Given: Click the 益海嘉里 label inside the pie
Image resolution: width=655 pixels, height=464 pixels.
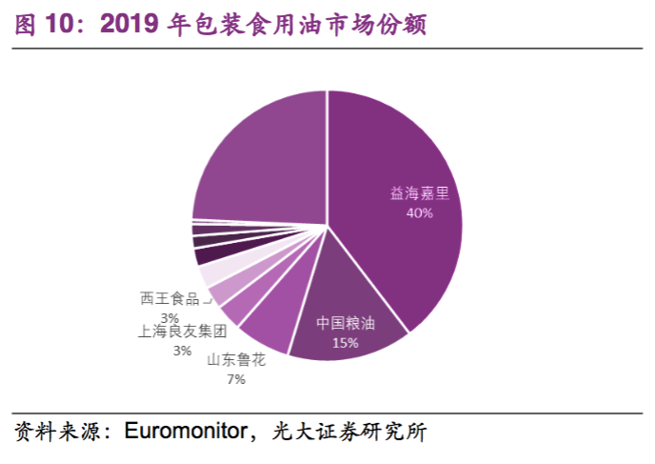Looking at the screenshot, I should coord(419,193).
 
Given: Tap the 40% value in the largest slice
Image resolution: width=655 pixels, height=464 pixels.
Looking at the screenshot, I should coord(419,213).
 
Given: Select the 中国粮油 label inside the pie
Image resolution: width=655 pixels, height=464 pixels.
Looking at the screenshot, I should coord(346,323).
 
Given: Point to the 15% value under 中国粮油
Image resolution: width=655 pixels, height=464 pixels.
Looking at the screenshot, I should coord(345,342).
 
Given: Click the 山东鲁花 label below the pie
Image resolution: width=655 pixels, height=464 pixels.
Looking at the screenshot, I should coord(235,360).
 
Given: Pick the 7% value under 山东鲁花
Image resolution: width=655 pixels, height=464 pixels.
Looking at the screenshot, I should coord(235,379).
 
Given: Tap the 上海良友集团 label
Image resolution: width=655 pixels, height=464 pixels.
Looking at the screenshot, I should coord(182,332).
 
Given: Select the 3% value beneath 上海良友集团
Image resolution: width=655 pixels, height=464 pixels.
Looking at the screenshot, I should coord(182,351).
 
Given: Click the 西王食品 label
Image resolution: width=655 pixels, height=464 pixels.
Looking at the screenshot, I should coord(170,298).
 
